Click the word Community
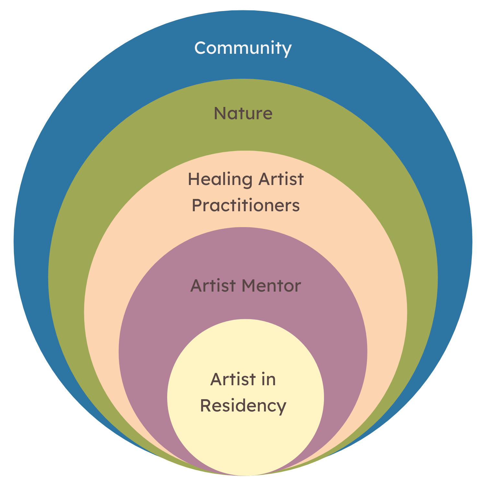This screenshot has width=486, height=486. point(243,48)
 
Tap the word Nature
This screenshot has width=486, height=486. point(243,113)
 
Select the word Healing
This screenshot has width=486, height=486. point(220,179)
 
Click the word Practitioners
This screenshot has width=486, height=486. point(246,205)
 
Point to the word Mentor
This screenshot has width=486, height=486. point(272,286)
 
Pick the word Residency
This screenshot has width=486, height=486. point(243,406)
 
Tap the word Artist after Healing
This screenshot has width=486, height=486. point(281,179)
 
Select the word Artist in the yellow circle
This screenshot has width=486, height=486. point(233,379)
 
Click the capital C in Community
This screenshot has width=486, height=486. point(201,48)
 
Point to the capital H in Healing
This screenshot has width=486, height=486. point(193,179)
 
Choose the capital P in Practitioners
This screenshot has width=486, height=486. point(196,205)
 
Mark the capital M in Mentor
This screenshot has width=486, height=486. point(249,286)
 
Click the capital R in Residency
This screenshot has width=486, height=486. point(206,406)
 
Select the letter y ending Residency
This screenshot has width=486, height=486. point(282,408)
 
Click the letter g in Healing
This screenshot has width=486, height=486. point(247,181)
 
